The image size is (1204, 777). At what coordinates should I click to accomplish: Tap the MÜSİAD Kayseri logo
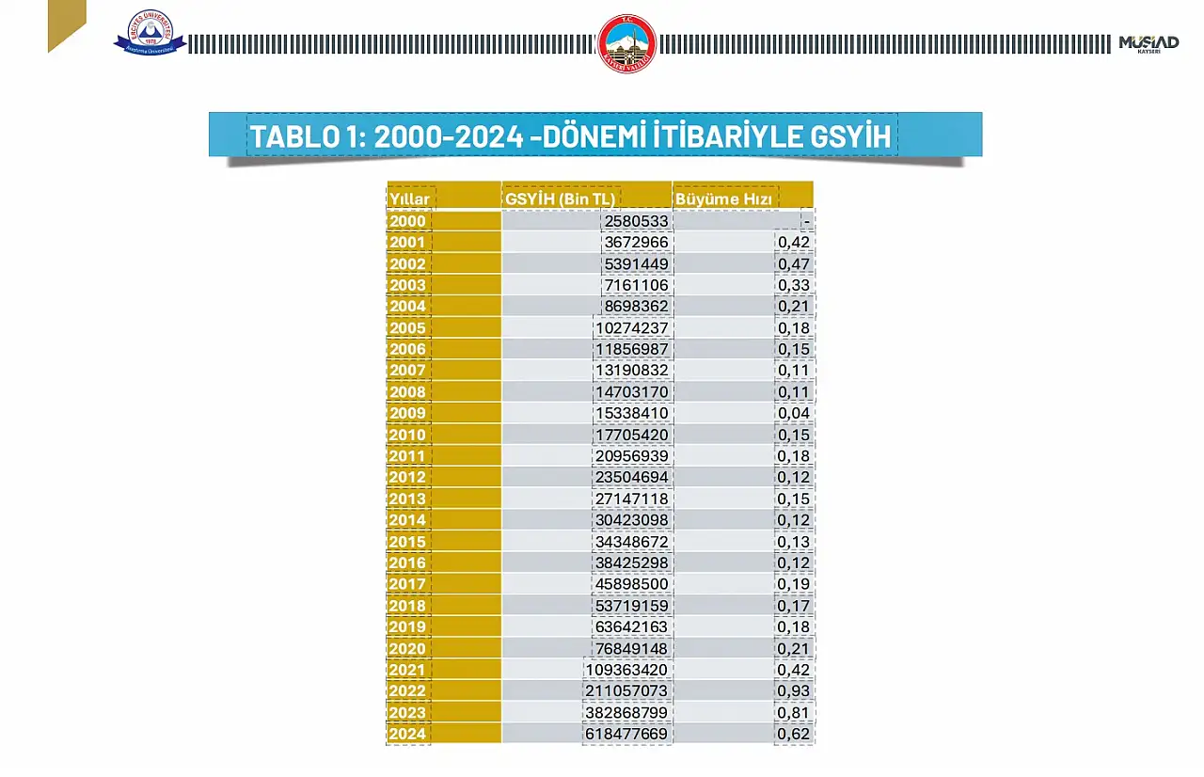point(1149,43)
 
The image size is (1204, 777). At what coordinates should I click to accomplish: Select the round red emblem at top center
point(626,43)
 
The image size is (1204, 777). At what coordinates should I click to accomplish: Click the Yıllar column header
point(409,199)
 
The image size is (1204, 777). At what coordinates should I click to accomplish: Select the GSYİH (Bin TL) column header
point(561,199)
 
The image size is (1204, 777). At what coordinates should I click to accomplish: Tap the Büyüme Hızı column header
point(723,199)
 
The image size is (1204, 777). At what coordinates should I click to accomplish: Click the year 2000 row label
point(408,221)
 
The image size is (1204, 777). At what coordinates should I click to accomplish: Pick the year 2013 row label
point(408,499)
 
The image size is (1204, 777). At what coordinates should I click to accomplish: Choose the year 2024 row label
point(408,734)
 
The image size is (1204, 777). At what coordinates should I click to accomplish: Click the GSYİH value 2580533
point(636,221)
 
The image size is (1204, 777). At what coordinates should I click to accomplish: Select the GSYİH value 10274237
point(632,328)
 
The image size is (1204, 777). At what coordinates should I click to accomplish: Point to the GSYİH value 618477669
point(626,734)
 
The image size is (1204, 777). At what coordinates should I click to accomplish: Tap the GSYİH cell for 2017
point(632,584)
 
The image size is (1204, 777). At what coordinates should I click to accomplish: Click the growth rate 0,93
point(794,691)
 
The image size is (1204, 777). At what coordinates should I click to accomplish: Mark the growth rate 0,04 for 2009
point(794,413)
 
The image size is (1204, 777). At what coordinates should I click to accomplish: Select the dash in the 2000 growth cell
point(807,221)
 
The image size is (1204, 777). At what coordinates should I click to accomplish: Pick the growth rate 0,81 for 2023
point(794,713)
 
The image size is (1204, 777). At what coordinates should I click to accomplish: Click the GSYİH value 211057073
point(626,691)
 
